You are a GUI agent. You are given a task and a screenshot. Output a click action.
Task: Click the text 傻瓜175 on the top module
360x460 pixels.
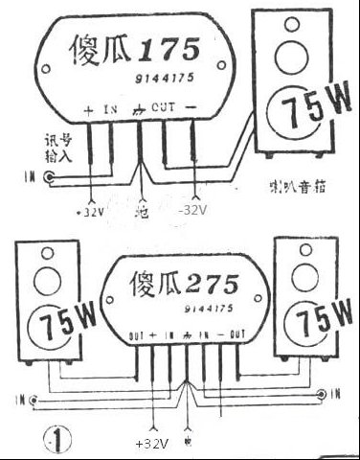134,51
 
